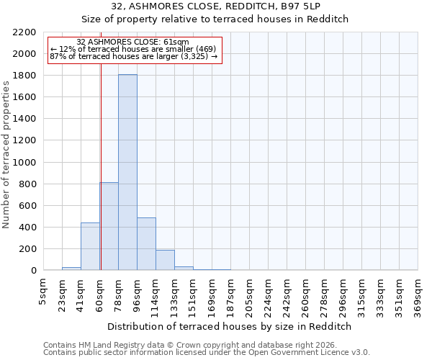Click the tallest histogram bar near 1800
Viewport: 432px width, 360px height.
click(x=127, y=173)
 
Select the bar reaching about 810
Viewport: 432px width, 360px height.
click(x=109, y=227)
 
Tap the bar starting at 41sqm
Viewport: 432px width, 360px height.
click(x=90, y=246)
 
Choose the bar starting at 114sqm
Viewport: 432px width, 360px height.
click(x=165, y=260)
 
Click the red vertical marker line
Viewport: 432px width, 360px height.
click(x=101, y=158)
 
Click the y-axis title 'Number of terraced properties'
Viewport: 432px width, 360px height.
click(x=6, y=155)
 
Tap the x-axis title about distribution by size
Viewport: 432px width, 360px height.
click(x=230, y=326)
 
